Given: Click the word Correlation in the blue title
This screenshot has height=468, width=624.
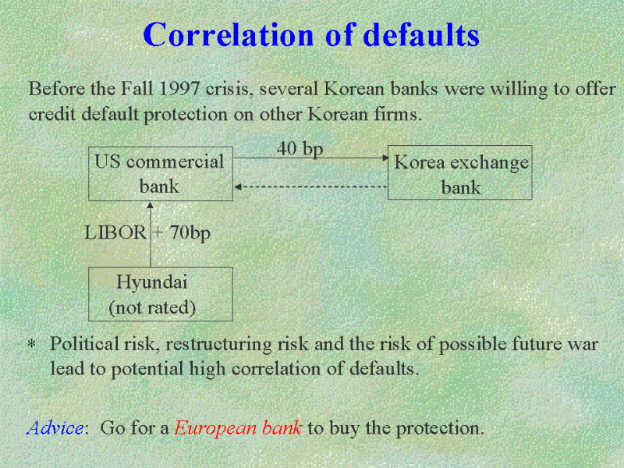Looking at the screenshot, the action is pyautogui.click(x=229, y=34).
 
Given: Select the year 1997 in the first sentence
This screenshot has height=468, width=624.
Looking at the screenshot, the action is pyautogui.click(x=179, y=88).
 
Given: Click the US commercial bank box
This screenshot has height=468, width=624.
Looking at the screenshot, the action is pyautogui.click(x=161, y=173).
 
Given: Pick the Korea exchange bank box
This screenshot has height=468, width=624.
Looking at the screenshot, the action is pyautogui.click(x=459, y=172).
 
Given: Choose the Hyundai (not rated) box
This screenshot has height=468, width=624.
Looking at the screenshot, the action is pyautogui.click(x=161, y=294).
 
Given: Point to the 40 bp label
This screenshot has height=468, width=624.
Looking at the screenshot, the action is pyautogui.click(x=300, y=149).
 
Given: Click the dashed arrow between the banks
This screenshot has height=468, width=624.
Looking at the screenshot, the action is pyautogui.click(x=310, y=186).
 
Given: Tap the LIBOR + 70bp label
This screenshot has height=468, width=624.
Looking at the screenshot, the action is pyautogui.click(x=147, y=232).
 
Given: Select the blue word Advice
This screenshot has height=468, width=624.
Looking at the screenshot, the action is pyautogui.click(x=55, y=427).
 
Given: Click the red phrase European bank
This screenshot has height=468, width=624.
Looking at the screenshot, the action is pyautogui.click(x=238, y=428).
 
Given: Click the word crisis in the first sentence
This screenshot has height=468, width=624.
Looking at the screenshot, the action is pyautogui.click(x=229, y=89).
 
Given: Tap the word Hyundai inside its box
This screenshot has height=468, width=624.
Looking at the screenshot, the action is pyautogui.click(x=151, y=282).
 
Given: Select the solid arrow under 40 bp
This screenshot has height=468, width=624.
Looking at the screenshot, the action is pyautogui.click(x=311, y=158).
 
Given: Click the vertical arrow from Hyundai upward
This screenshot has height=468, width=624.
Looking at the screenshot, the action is pyautogui.click(x=151, y=234).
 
